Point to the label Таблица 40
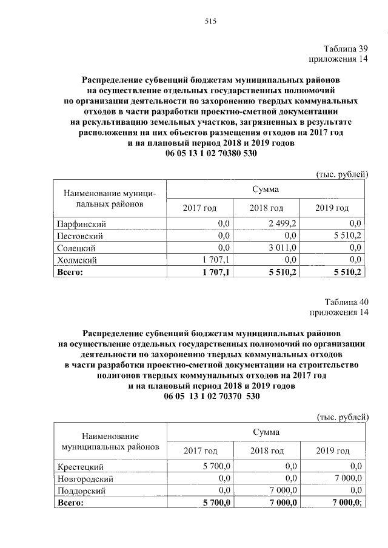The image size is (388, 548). point(345,302)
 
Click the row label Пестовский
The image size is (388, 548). point(79,236)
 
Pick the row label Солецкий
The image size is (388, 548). point(76,248)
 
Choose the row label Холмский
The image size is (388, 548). point(76,260)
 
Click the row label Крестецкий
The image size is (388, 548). point(81,466)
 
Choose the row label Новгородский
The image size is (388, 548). point(84,478)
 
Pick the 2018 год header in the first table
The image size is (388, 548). point(266,208)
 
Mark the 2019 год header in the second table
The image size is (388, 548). point(333,451)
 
